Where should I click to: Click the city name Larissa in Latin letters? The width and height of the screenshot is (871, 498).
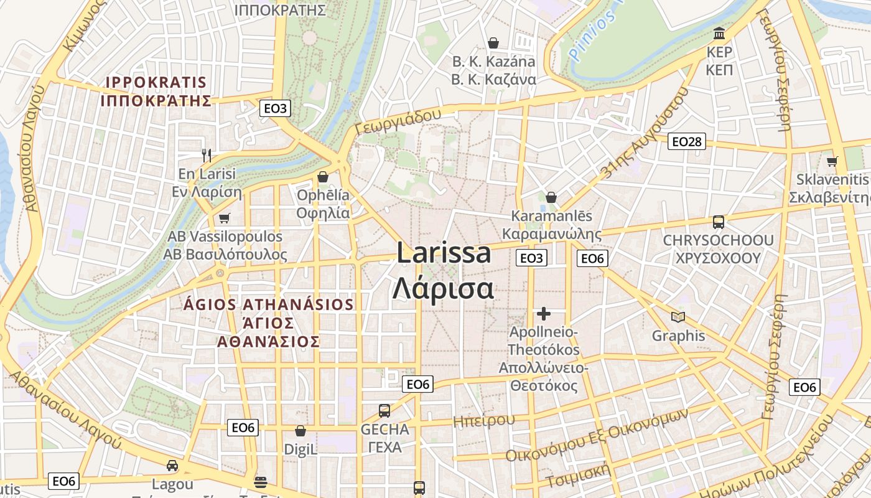(444, 254)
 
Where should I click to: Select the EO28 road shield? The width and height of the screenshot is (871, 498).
(687, 142)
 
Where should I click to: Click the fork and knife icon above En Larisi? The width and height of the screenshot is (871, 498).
(207, 154)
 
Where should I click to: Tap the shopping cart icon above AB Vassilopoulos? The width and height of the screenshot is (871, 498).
(224, 218)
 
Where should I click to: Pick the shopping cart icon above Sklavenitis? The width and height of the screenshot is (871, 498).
(832, 161)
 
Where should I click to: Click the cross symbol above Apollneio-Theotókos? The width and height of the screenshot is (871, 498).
(544, 314)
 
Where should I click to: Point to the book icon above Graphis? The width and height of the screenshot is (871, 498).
(678, 317)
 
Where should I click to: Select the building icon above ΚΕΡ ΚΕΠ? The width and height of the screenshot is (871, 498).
(719, 32)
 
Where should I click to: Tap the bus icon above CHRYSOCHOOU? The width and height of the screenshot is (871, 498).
(718, 222)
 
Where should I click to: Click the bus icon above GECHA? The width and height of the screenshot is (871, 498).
(384, 411)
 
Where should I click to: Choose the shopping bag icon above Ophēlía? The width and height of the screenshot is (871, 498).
(322, 177)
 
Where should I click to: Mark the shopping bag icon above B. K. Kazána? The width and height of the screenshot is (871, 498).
(493, 42)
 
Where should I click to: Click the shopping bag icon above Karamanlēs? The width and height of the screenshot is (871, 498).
(551, 197)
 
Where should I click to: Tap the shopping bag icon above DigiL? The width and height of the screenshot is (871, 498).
(300, 431)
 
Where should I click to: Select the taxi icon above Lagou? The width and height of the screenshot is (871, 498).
(172, 465)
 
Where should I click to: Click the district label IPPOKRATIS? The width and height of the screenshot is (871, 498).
(156, 82)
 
